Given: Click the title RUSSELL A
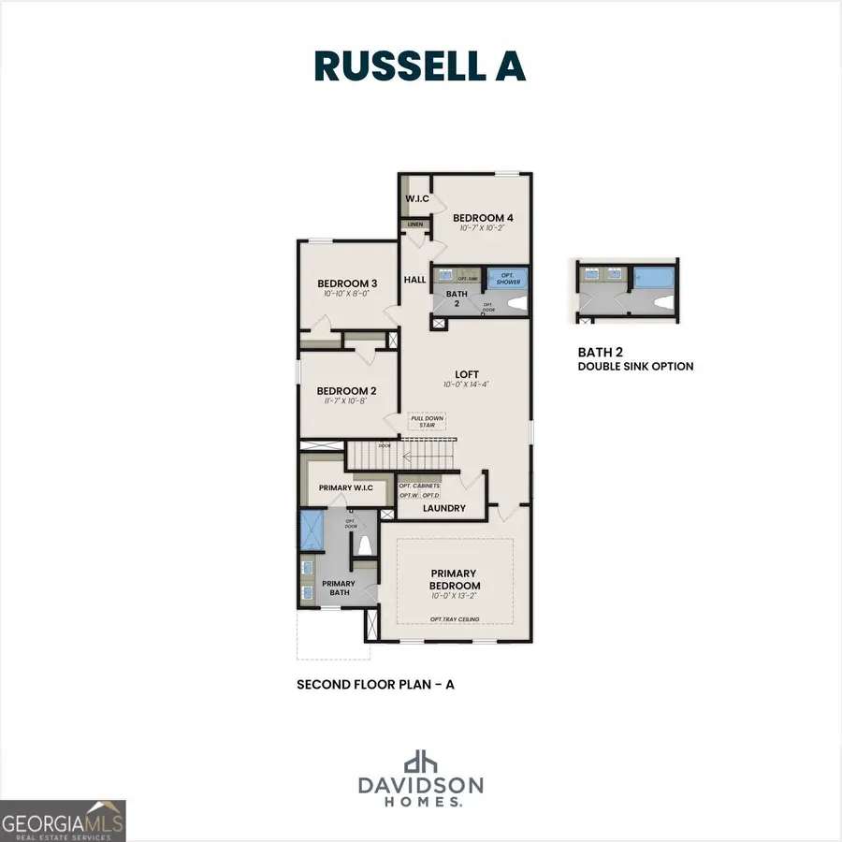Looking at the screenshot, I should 420,66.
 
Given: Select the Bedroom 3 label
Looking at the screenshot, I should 346,284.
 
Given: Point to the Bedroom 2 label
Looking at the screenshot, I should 346,391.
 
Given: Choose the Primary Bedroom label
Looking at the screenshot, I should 454,579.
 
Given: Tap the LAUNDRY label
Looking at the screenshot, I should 443,509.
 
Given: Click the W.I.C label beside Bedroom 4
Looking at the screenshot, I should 416,199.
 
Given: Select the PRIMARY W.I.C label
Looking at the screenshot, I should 345,487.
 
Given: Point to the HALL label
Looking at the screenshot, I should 414,280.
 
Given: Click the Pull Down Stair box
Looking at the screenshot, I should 427,422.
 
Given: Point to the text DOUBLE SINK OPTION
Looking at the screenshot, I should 635,367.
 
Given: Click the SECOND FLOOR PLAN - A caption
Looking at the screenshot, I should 375,685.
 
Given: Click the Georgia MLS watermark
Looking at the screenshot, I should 63,820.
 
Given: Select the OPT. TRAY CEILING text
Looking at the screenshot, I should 454,619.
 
